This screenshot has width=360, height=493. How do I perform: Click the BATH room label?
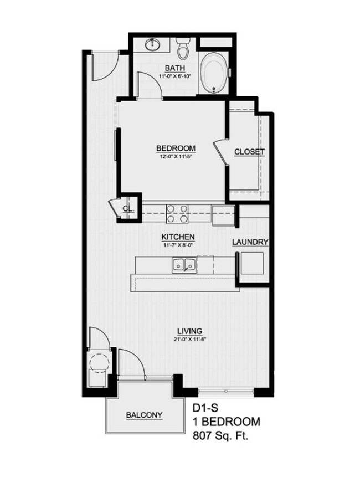(175, 68)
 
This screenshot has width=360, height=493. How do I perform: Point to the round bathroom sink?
(152, 45)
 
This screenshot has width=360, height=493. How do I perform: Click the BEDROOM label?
(176, 148)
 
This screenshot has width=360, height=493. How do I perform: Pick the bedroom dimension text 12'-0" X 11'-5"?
(176, 156)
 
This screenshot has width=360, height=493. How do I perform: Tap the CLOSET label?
(249, 152)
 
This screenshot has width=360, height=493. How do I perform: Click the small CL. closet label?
(128, 208)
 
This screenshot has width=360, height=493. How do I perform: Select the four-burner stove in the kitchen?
(177, 213)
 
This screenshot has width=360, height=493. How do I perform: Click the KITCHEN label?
(178, 237)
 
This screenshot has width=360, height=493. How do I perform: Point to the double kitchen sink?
(184, 265)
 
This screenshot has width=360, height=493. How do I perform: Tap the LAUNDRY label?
(250, 242)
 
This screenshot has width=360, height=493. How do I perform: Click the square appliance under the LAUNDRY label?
(252, 264)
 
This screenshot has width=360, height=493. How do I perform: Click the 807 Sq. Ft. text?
(220, 435)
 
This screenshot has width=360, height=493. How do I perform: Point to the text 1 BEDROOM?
(226, 422)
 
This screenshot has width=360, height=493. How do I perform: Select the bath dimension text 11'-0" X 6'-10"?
(175, 76)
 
